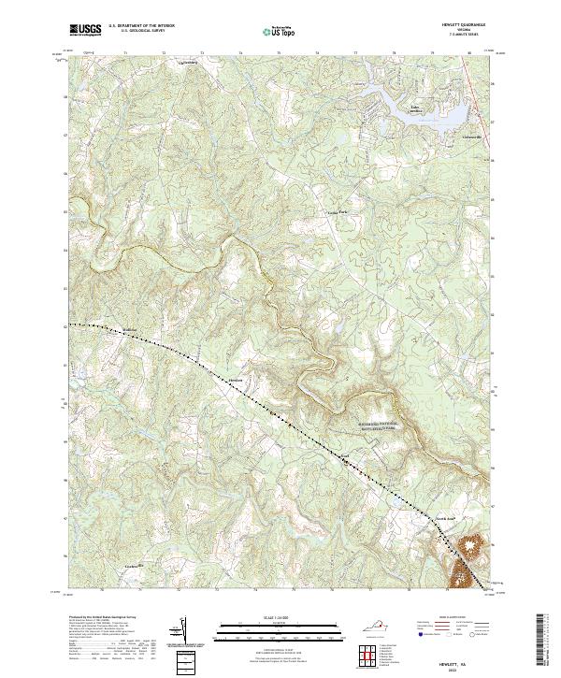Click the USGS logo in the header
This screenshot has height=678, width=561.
(85, 31)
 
